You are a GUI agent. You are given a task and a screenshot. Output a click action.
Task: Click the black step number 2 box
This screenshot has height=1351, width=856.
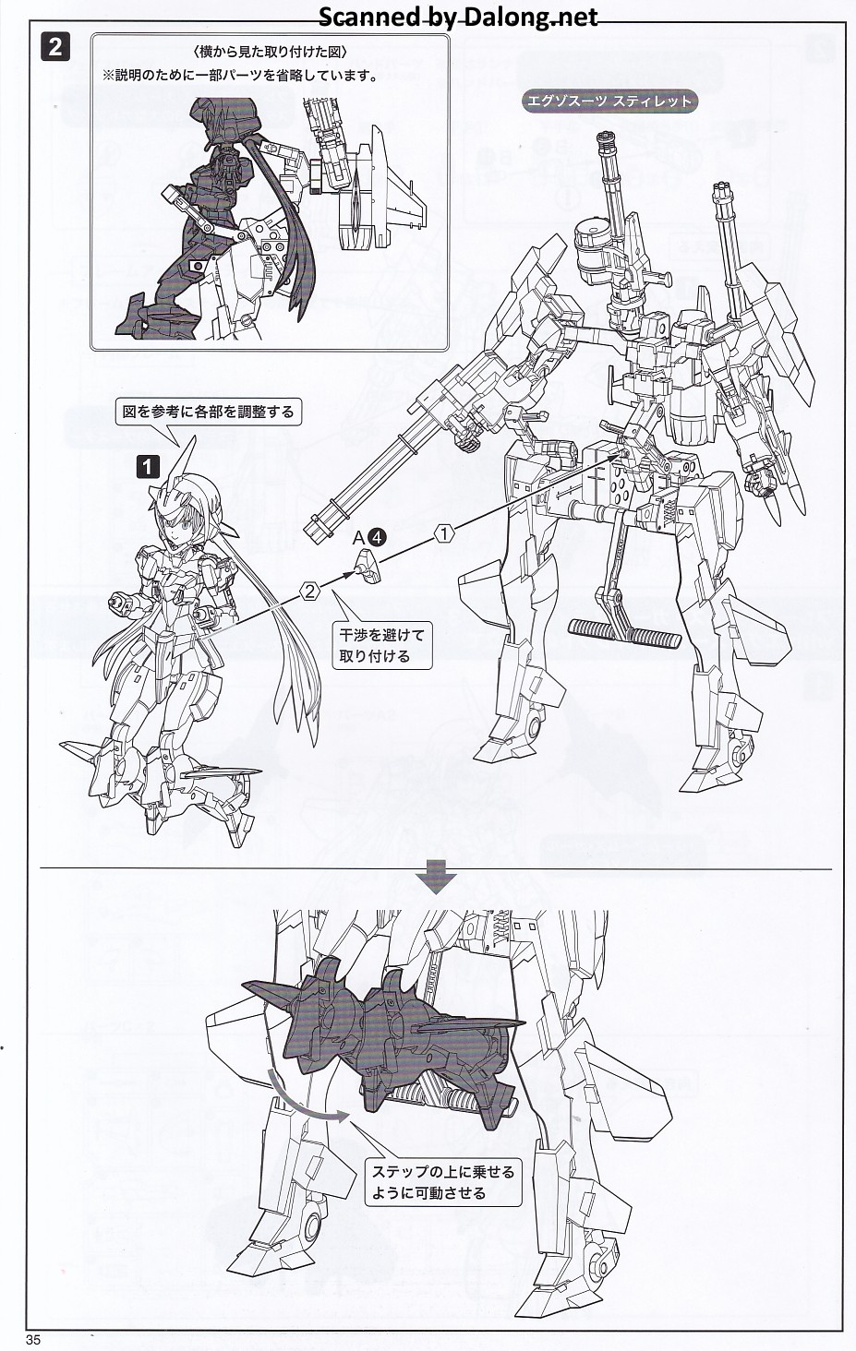coord(54,47)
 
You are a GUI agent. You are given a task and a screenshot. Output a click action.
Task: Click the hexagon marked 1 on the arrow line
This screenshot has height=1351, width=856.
coord(443,534)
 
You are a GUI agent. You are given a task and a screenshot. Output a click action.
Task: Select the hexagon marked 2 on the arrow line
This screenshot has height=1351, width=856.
coord(309,591)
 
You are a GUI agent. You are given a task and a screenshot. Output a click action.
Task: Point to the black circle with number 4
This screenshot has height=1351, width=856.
coord(377,537)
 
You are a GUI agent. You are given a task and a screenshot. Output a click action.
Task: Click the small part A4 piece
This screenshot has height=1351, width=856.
coord(369,567)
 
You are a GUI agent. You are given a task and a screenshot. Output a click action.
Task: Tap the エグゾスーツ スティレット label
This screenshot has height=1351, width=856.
coord(609,101)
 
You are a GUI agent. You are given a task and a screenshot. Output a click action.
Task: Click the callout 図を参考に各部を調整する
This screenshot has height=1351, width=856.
coord(209,412)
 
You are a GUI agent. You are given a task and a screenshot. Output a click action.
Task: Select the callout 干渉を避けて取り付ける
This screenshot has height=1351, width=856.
coord(382,645)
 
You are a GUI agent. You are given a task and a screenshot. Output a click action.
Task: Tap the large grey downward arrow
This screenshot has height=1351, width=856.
coord(436,878)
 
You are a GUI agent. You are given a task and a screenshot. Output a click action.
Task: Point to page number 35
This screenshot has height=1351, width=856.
coord(33,1340)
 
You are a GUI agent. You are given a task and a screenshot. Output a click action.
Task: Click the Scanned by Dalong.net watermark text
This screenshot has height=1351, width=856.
coord(458,18)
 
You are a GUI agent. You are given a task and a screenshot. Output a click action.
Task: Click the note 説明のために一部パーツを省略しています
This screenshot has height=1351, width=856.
coord(239,76)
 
